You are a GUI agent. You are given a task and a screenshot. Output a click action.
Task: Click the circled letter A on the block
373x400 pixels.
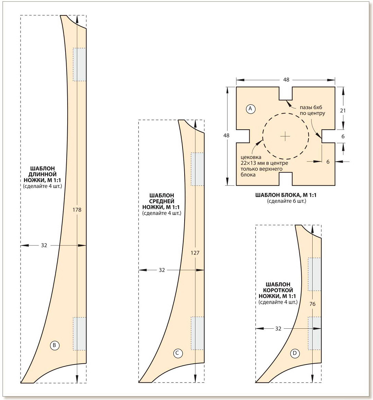coord(250,109)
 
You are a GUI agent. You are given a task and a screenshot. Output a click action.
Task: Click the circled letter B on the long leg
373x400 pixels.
coord(54,346)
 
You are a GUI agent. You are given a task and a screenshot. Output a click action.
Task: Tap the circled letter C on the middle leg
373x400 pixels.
coord(178,353)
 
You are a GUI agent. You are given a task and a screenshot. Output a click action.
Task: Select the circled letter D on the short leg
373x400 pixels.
coord(295,353)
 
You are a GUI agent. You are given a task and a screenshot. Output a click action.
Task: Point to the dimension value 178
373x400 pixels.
coord(77,210)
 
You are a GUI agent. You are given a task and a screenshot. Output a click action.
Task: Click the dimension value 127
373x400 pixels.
coord(195,253)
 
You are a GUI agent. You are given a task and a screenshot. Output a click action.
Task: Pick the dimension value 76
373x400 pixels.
coord(312,304)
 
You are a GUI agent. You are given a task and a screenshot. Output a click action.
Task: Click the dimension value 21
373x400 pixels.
coord(343,110)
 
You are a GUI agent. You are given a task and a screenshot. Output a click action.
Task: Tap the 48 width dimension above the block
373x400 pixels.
coord(286,80)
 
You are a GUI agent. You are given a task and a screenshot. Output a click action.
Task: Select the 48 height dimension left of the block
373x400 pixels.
coord(226,135)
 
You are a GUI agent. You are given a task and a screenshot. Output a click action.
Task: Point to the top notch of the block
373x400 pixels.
coord(286,93)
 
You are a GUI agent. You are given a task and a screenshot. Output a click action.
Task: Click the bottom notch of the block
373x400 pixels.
coord(286,179)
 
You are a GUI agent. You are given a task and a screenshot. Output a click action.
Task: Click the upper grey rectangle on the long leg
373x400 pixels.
coord(79,64)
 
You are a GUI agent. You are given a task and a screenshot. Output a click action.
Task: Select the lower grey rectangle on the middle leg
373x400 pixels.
coord(197,333)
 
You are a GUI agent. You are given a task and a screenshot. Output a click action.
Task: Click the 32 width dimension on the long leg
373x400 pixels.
coord(44,245)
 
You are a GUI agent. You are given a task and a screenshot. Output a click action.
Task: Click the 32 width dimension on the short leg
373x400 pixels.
coord(278,329)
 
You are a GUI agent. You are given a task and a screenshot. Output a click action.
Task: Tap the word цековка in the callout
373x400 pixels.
coord(251,157)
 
